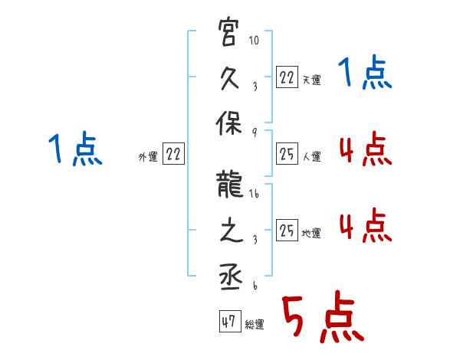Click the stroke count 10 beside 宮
[x=254, y=40]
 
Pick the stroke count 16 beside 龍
[x=254, y=194]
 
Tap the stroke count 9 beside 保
[x=254, y=133]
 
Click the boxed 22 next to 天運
[x=286, y=77]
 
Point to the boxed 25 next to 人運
[x=286, y=154]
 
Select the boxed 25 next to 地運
[x=286, y=231]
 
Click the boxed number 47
[x=228, y=322]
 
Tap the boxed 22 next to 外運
[x=174, y=154]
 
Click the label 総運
[x=255, y=325]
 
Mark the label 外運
[x=148, y=156]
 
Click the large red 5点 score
[x=322, y=317]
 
